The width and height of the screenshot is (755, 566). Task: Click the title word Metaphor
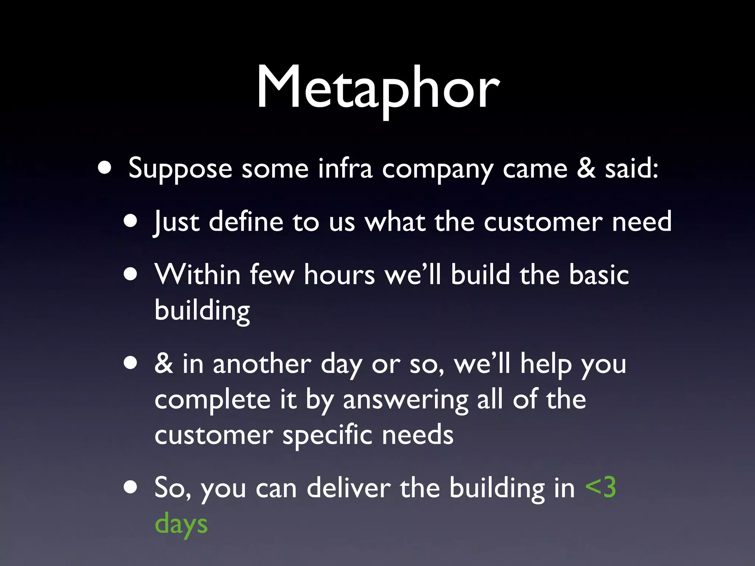coord(377,88)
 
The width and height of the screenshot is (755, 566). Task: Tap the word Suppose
coord(180,169)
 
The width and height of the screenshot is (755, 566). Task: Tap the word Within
coord(198,275)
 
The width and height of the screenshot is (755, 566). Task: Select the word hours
coord(339,275)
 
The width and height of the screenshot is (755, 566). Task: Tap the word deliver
coord(348,488)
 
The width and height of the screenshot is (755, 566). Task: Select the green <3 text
coord(600,488)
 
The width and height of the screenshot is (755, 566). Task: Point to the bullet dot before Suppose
coord(105,168)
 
